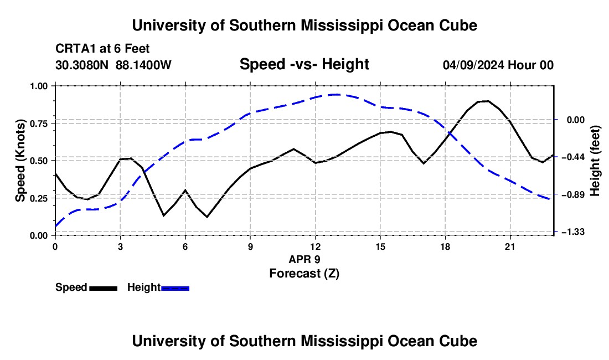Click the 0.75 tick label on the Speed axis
[x=40, y=124]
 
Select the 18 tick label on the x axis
[x=445, y=246]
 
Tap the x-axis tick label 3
[x=120, y=246]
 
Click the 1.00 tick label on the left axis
[x=40, y=86]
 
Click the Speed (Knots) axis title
[x=20, y=161]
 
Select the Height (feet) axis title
[x=595, y=161]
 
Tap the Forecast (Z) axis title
[x=304, y=274]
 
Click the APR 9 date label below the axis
[x=304, y=259]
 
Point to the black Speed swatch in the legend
[x=104, y=289]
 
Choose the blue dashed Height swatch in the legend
[x=175, y=289]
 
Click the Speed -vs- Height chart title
[x=304, y=64]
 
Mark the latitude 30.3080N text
[x=82, y=65]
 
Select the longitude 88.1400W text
[x=143, y=65]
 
